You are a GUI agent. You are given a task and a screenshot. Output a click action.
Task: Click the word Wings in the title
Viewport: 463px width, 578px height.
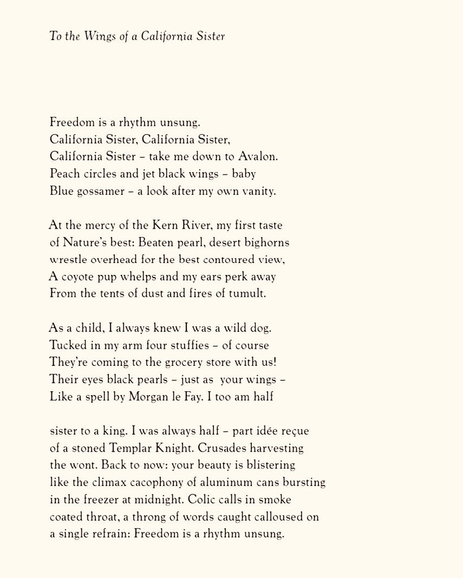point(99,37)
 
